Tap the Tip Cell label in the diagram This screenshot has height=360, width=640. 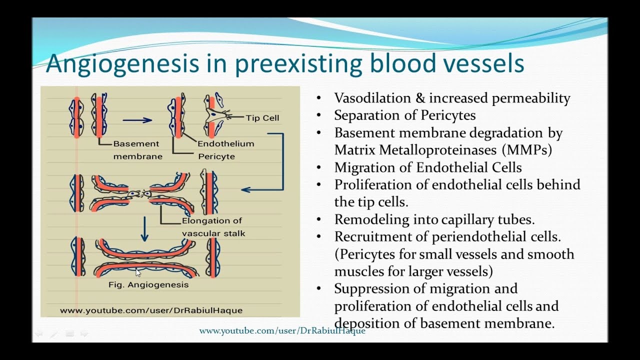(262, 118)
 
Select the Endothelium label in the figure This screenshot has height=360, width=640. (225, 143)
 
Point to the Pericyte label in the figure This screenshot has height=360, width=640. (216, 156)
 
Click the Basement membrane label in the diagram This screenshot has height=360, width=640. (137, 150)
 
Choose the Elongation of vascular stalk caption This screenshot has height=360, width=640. (213, 227)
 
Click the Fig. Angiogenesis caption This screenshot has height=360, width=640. (148, 284)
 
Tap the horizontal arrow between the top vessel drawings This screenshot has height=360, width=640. (137, 120)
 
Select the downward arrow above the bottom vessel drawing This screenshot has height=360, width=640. (144, 228)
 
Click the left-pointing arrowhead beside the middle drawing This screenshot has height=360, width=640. (245, 189)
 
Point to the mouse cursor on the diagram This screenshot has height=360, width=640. (138, 272)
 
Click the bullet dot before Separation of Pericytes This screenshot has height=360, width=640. (319, 116)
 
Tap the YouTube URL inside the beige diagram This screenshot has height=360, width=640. (151, 310)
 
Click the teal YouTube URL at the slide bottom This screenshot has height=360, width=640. (282, 331)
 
